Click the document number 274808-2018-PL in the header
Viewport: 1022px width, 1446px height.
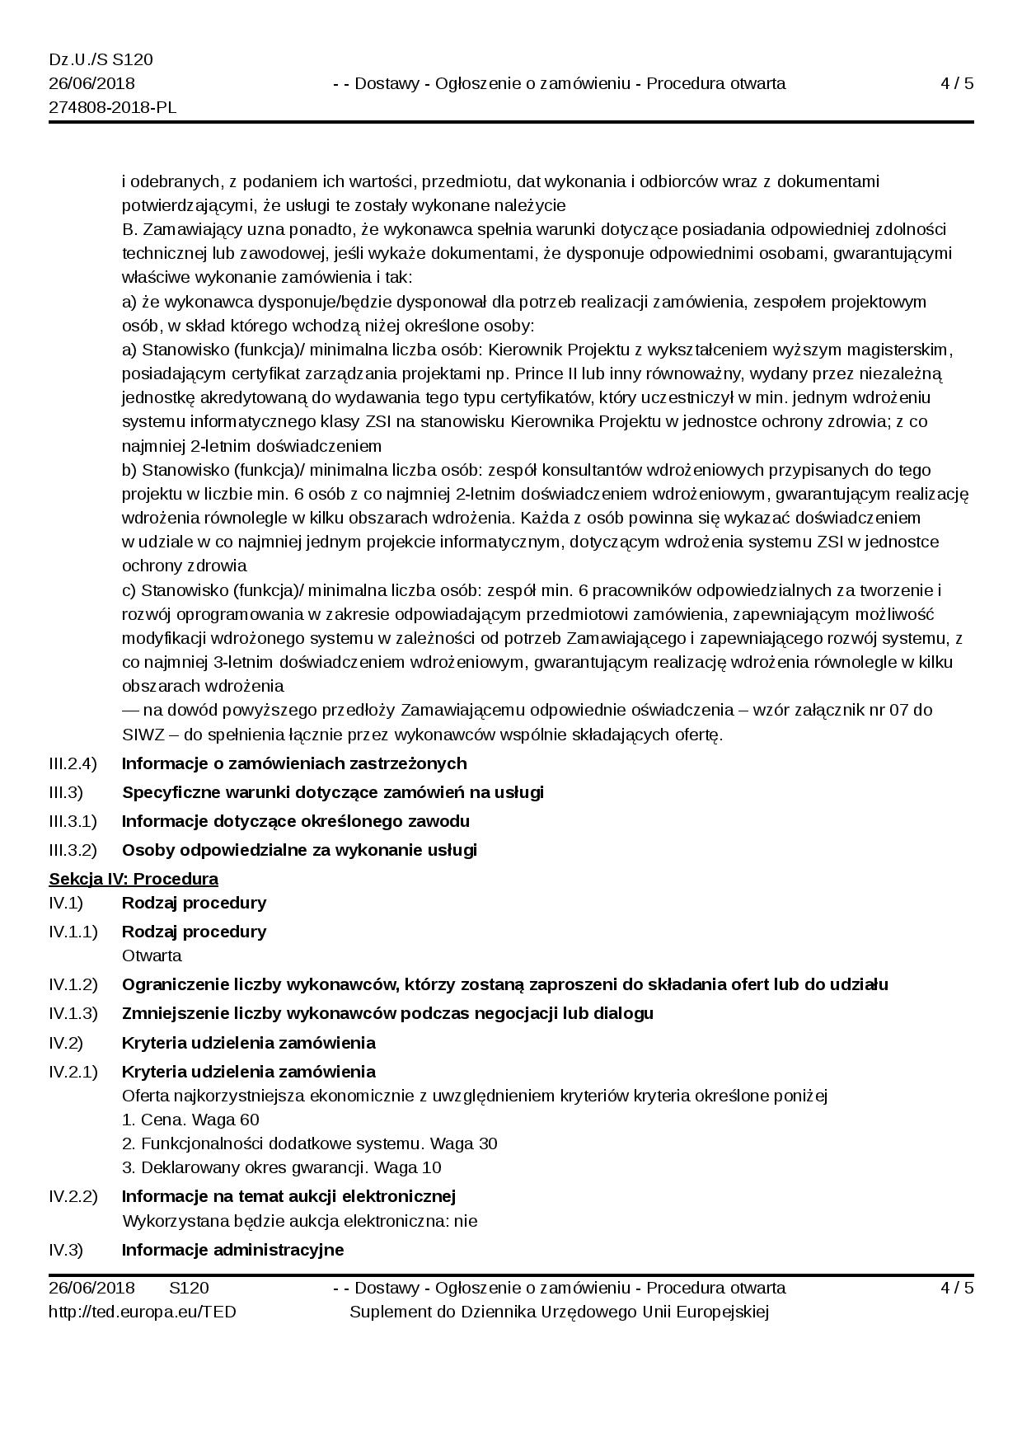[x=113, y=108]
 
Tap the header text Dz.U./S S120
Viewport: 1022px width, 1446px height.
[x=101, y=60]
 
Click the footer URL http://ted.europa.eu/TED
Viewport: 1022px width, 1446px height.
[x=143, y=1312]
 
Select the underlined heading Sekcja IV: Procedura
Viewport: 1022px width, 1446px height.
[x=134, y=878]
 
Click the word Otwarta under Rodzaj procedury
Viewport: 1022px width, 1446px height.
[x=152, y=955]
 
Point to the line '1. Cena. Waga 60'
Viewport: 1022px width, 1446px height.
[x=190, y=1120]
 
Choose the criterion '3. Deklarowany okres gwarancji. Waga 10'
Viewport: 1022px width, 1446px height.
[x=281, y=1167]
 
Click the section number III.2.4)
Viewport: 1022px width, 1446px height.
[x=73, y=763]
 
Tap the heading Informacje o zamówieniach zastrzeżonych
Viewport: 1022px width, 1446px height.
[x=294, y=763]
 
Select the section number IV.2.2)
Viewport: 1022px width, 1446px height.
[x=73, y=1196]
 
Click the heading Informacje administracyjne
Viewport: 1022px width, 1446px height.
[x=232, y=1250]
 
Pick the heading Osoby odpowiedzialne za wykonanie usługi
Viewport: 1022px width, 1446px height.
[x=299, y=850]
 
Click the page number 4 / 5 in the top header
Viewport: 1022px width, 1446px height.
[x=957, y=83]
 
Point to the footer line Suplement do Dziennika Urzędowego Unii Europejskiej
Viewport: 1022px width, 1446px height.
[x=559, y=1312]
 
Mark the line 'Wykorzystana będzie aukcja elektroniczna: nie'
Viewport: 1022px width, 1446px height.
[x=300, y=1221]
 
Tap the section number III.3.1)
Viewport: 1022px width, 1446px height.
[x=73, y=821]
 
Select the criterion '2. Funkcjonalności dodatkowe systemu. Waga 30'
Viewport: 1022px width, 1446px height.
[x=309, y=1143]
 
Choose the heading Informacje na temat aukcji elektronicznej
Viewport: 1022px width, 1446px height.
[x=288, y=1196]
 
